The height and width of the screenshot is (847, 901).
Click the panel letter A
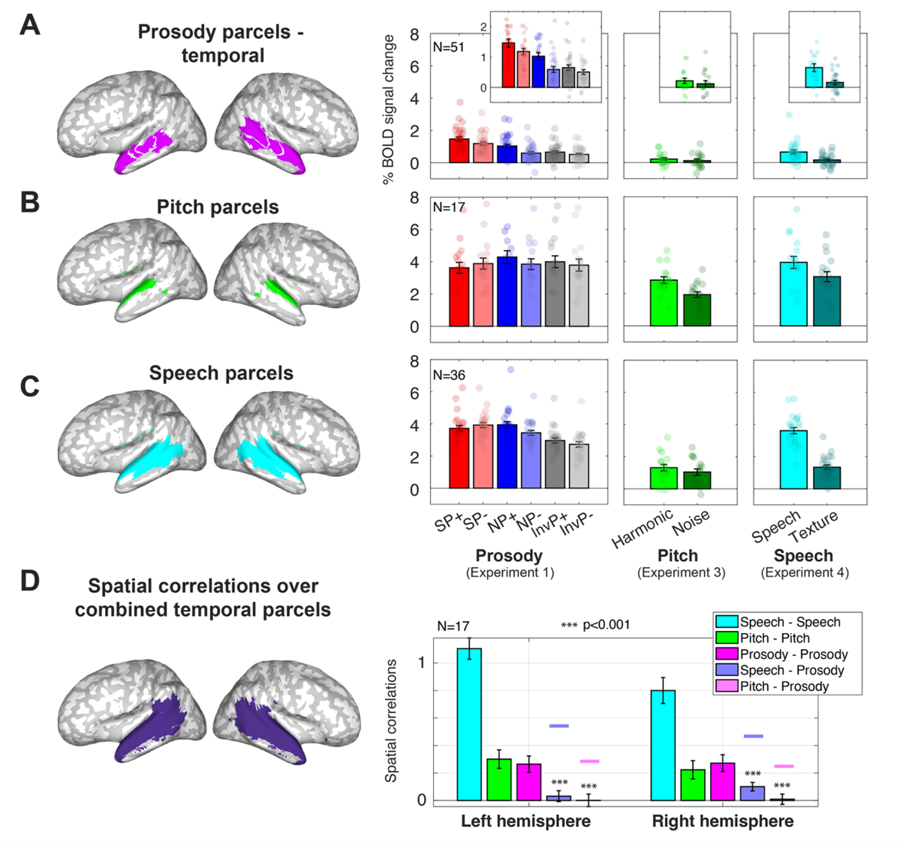point(30,25)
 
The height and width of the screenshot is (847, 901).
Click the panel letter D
point(30,581)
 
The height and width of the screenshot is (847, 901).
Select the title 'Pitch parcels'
point(218,207)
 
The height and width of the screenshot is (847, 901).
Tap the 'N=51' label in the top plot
point(448,47)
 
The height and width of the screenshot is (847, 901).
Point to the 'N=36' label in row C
point(448,375)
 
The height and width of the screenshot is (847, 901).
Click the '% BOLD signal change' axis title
point(388,109)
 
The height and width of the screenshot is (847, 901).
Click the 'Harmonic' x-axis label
point(642,529)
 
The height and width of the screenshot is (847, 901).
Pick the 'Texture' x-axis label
point(814,527)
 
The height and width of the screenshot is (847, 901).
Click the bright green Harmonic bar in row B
point(664,303)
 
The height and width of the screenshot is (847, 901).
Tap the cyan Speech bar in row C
point(793,460)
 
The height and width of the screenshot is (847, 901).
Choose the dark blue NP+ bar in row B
point(507,291)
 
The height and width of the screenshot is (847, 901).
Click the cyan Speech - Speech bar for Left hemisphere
point(469,724)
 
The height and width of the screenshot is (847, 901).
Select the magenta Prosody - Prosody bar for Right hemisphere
point(722,782)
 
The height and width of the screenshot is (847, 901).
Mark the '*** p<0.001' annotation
point(595,625)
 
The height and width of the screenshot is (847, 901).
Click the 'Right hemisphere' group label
point(723,821)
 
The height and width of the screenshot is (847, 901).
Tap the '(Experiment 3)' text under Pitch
point(681,573)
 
